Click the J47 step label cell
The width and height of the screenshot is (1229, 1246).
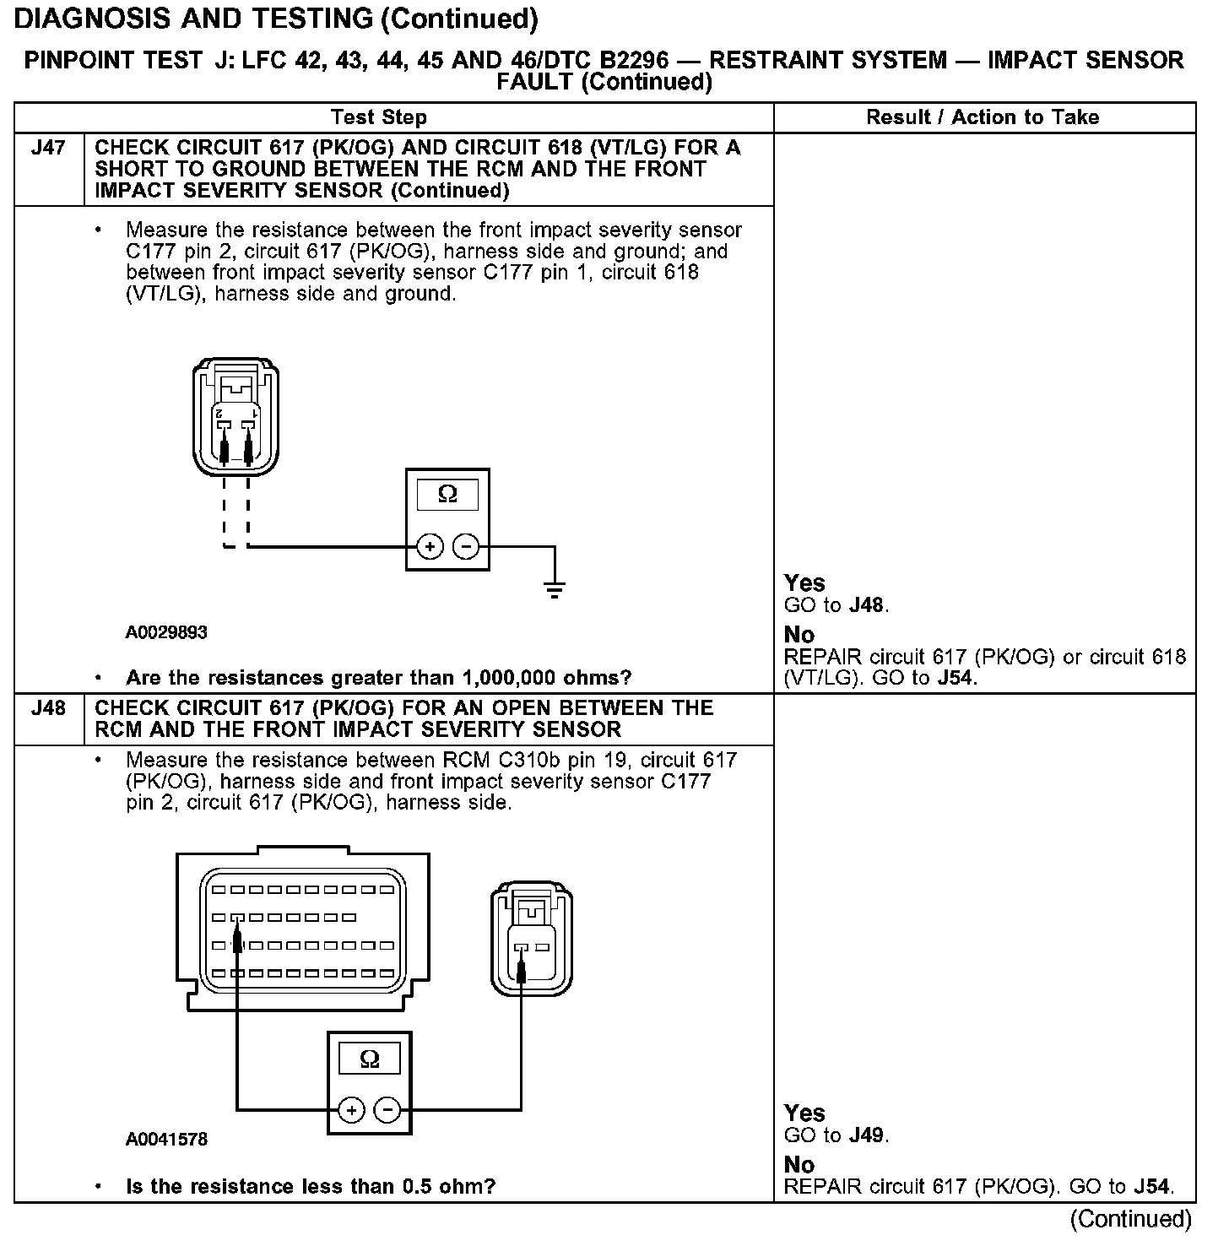tap(48, 149)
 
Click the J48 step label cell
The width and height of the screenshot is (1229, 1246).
tap(48, 708)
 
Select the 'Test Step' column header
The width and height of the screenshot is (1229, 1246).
tap(379, 117)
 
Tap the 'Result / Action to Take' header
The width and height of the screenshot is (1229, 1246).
tap(983, 117)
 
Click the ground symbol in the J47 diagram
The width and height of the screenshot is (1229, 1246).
tap(555, 589)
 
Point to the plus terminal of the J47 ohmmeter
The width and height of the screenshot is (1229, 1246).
tap(430, 547)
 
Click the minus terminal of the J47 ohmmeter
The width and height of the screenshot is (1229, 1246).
tap(466, 547)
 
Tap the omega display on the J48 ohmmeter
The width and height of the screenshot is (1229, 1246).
tap(370, 1059)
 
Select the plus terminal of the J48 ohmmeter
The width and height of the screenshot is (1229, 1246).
tap(352, 1109)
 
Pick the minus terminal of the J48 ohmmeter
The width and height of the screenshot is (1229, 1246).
tap(387, 1109)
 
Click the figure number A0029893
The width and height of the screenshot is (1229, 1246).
tap(166, 632)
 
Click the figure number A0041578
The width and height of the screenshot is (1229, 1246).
tap(166, 1140)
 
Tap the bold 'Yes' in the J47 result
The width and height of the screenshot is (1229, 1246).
tap(804, 583)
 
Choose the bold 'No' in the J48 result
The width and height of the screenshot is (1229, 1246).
tap(799, 1165)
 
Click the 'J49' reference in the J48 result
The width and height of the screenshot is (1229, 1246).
tap(867, 1135)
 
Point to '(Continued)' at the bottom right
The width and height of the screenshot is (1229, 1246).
tap(1130, 1219)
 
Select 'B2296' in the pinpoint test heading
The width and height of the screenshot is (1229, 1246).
tap(630, 61)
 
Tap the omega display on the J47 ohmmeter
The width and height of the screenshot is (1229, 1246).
tap(447, 495)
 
